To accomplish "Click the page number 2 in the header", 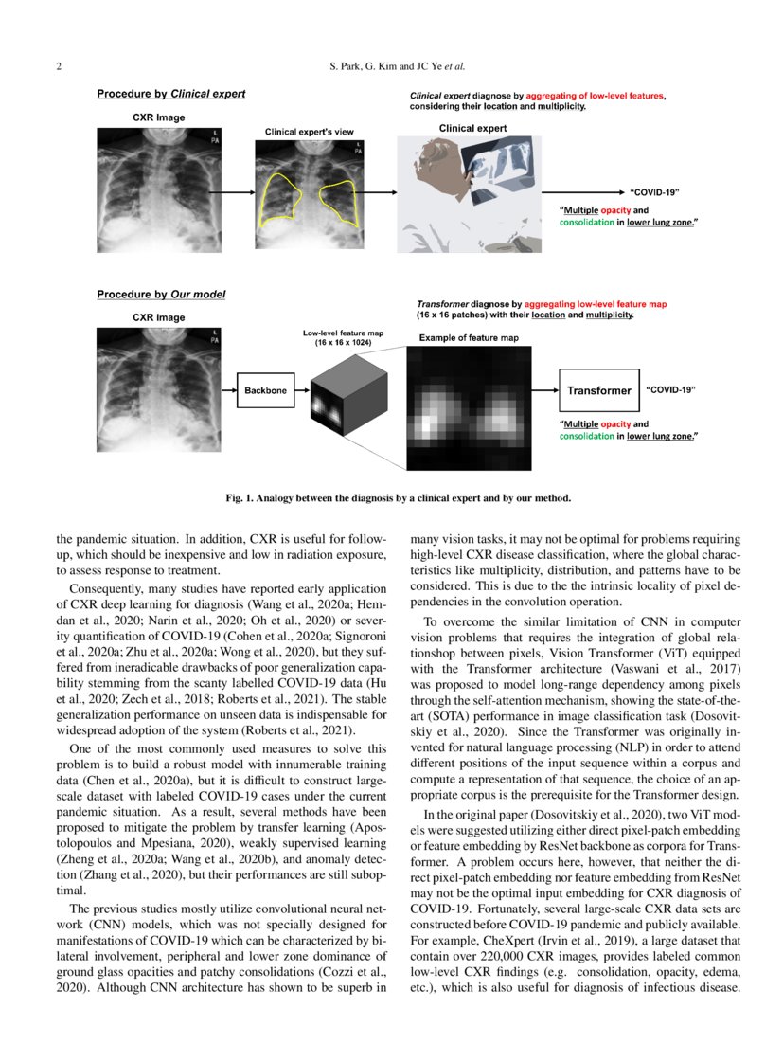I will (x=60, y=67).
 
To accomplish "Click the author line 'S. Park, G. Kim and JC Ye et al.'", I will (x=391, y=67).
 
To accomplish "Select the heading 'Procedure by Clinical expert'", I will (x=171, y=94).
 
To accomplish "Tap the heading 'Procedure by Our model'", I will (x=161, y=295).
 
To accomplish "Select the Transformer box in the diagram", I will (x=598, y=390).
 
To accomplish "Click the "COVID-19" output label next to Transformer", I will (x=670, y=389).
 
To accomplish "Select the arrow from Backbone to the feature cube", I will (x=302, y=389).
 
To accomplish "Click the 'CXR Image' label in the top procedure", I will (x=158, y=117).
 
